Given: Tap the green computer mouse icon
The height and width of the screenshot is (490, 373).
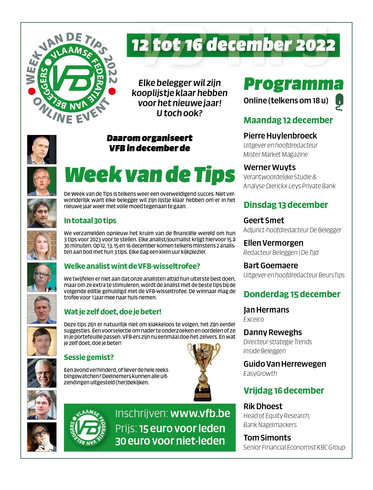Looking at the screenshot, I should click(x=339, y=102).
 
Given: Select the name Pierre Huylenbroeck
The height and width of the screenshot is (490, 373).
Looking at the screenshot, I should click(x=280, y=136).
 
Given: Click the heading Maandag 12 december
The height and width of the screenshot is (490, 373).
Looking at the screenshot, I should click(x=288, y=120).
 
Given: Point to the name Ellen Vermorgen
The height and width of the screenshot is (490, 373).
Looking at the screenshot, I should click(x=273, y=243).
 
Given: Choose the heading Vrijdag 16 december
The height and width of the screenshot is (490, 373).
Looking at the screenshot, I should click(x=284, y=391).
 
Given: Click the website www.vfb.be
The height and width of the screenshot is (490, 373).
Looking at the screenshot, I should click(x=200, y=414).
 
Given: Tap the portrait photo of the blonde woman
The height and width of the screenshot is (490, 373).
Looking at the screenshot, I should click(x=42, y=245).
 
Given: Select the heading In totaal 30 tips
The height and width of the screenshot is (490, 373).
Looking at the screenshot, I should click(x=90, y=221).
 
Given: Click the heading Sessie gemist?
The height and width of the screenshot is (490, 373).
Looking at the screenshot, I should click(x=89, y=357).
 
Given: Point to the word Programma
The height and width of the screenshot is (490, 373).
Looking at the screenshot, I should click(x=293, y=84).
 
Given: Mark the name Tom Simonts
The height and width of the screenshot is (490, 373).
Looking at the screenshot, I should click(x=267, y=438).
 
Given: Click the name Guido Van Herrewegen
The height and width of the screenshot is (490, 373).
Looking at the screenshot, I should click(x=285, y=364).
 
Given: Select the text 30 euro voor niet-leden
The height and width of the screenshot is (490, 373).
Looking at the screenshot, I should click(x=170, y=441).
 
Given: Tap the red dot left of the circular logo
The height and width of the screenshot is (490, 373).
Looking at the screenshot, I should click(x=32, y=91).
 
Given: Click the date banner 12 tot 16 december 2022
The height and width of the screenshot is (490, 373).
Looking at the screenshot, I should click(x=233, y=45).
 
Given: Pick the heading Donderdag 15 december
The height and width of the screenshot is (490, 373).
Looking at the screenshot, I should click(x=292, y=294).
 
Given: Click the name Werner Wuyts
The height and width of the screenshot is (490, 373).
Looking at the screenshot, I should click(x=269, y=167).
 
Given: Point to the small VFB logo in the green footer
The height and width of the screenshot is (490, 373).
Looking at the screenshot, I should click(x=88, y=427).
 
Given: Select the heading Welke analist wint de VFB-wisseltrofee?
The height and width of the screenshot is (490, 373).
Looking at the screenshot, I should click(x=132, y=266).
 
